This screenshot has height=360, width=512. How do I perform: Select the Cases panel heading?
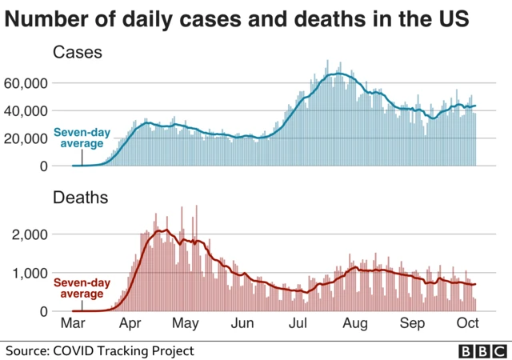pyautogui.click(x=78, y=53)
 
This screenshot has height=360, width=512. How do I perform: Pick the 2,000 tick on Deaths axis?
pyautogui.click(x=31, y=234)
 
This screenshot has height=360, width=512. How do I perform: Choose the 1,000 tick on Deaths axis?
pyautogui.click(x=31, y=273)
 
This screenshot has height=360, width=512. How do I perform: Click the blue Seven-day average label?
pyautogui.click(x=78, y=138)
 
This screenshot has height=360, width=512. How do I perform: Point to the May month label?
pyautogui.click(x=186, y=324)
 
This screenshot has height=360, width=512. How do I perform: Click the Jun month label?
pyautogui.click(x=242, y=324)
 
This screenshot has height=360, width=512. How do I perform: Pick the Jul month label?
pyautogui.click(x=298, y=324)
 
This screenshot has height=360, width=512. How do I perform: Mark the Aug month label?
pyautogui.click(x=355, y=324)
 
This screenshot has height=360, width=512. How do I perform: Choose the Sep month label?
pyautogui.click(x=412, y=324)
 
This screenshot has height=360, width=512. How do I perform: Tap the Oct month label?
pyautogui.click(x=469, y=324)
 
